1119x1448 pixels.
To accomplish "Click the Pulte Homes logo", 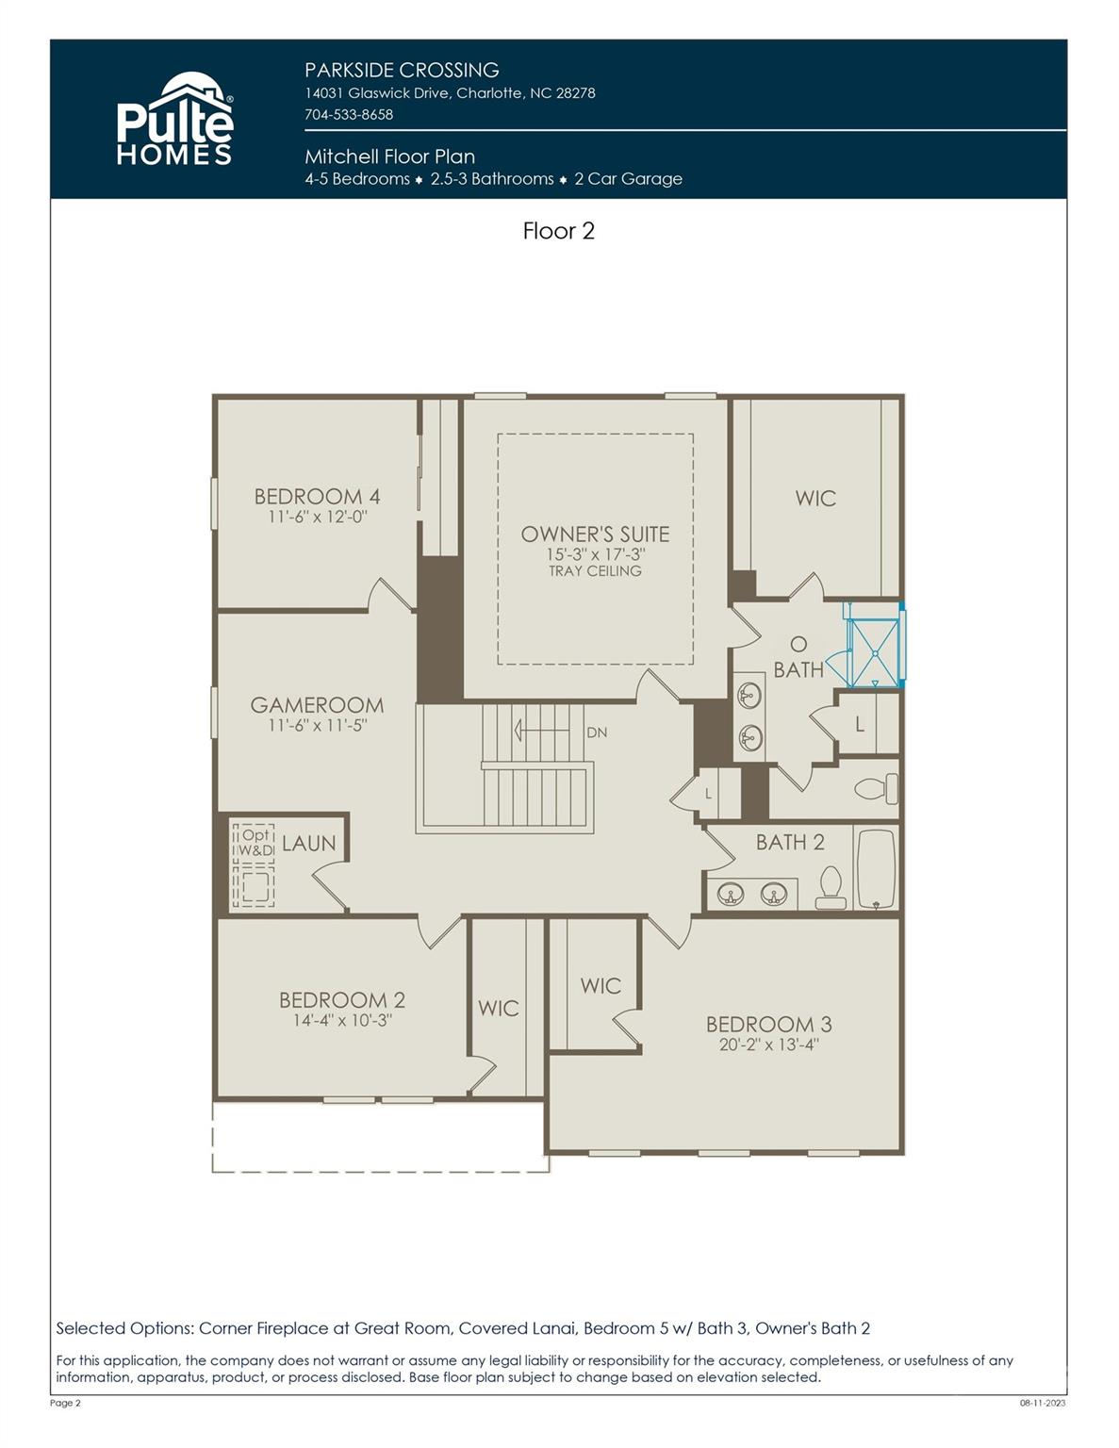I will (174, 121).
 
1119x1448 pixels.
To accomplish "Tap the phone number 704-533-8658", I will (349, 114).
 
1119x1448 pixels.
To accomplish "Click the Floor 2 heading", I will (558, 231).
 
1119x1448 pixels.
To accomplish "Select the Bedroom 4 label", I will (317, 496).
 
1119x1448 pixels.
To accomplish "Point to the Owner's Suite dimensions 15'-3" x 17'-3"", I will (595, 554).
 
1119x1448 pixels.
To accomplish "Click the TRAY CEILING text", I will (595, 571).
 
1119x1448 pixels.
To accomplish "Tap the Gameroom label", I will (317, 704).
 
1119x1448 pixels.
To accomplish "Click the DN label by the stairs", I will (597, 732).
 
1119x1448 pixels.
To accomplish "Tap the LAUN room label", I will (308, 844).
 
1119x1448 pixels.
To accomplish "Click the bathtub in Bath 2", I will (876, 869).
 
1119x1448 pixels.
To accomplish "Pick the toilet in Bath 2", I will (830, 887).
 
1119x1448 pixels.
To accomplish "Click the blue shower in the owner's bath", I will (875, 645).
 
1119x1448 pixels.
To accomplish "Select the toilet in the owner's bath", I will (875, 788).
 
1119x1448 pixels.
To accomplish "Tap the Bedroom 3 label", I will (768, 1024).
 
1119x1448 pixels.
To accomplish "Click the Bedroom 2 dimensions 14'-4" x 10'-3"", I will (341, 1020).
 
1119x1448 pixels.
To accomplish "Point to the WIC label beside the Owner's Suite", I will (815, 498).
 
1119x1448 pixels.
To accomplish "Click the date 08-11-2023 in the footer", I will (1042, 1403).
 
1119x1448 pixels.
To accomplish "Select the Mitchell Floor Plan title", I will (389, 156).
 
